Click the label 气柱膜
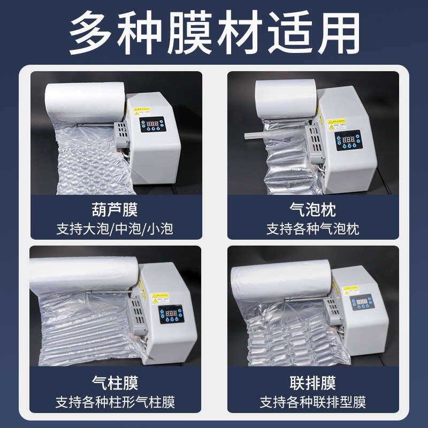coord(116,383)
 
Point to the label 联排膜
coord(312,383)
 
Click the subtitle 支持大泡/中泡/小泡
coord(116,228)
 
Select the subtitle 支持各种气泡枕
coord(312,228)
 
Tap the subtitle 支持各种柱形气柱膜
coord(116,402)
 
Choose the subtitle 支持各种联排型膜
coord(312,402)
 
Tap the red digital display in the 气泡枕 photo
coord(348,139)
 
